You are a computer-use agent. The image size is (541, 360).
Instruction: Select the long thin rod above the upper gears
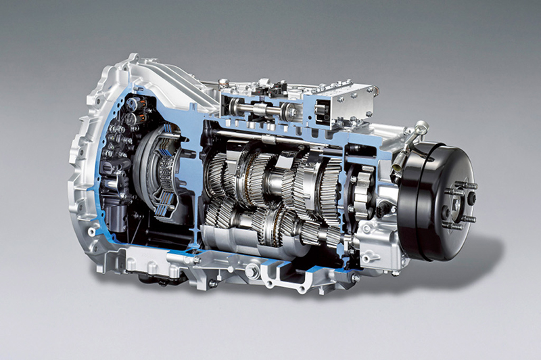coord(270,139)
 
